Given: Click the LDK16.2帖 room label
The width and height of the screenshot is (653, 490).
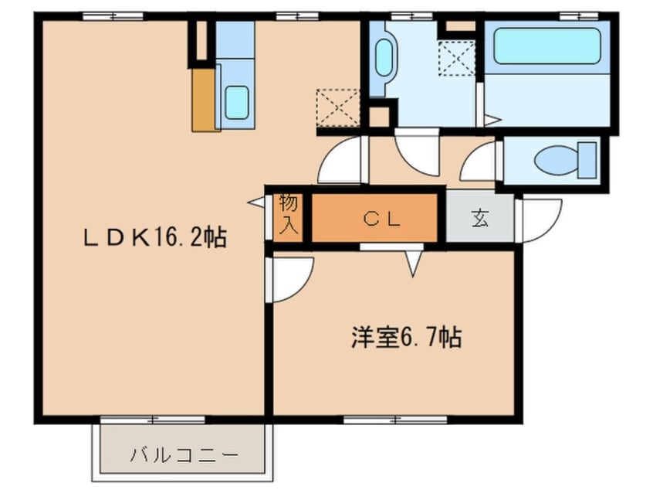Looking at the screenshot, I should [x=155, y=238].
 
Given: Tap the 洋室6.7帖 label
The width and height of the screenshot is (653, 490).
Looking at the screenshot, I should [x=406, y=338].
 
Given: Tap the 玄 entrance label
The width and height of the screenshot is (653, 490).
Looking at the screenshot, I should [x=480, y=219].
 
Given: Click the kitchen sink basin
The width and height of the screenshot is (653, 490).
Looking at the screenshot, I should [x=236, y=103].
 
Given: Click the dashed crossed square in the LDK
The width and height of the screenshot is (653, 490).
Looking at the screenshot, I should [x=337, y=107].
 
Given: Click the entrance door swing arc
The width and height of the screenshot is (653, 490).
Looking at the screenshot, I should [x=540, y=218].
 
